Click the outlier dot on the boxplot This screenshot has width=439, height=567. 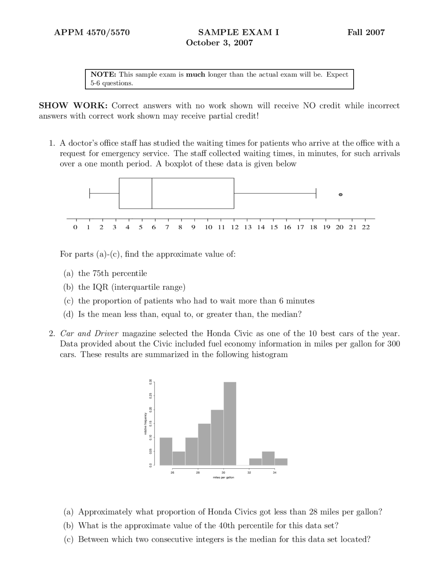340,194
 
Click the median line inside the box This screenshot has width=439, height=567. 152,193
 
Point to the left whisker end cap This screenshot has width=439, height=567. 90,193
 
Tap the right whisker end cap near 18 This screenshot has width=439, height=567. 316,193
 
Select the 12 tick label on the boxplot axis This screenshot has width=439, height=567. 235,227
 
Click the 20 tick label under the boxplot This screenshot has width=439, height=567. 340,227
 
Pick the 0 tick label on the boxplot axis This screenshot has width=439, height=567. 75,227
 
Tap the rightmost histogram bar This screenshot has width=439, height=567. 281,462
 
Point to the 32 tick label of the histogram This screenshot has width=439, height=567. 249,473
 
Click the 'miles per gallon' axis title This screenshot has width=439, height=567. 223,477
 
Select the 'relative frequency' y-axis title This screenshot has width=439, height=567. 145,424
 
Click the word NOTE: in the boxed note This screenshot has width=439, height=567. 103,75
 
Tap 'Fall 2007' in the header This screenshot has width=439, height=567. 366,33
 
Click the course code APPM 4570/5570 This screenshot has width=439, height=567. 92,33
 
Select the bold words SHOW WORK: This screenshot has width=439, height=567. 73,106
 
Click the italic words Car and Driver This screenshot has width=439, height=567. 89,333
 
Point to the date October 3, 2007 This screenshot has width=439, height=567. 219,43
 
